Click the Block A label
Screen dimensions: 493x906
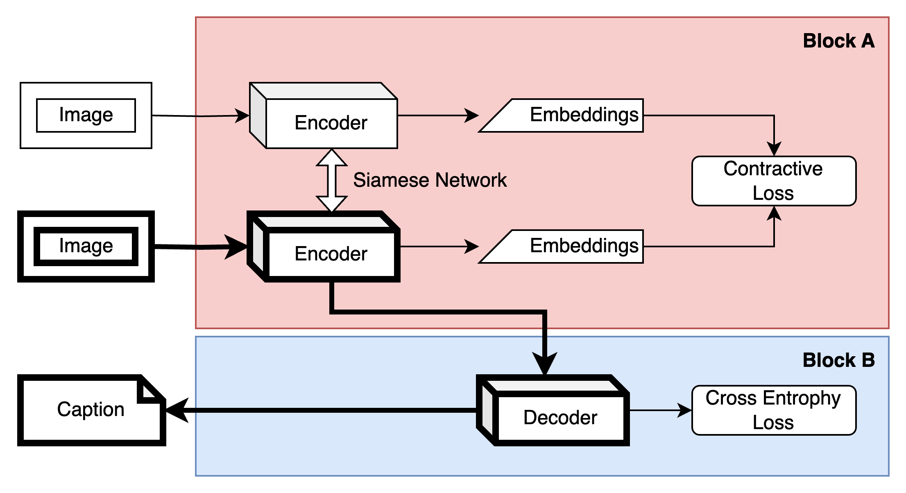838,41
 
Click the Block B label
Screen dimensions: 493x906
838,361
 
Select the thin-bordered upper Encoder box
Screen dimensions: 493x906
331,122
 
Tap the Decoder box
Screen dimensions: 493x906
560,417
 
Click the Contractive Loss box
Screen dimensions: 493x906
774,181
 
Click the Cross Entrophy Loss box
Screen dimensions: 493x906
774,410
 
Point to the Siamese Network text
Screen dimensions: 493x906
430,181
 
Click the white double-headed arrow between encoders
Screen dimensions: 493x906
332,181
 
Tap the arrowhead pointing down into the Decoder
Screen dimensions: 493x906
544,362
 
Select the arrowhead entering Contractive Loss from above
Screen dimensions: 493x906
774,149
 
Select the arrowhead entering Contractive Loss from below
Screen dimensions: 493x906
774,213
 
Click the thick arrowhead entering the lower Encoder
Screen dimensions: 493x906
236,247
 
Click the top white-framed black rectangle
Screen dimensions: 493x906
86,115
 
